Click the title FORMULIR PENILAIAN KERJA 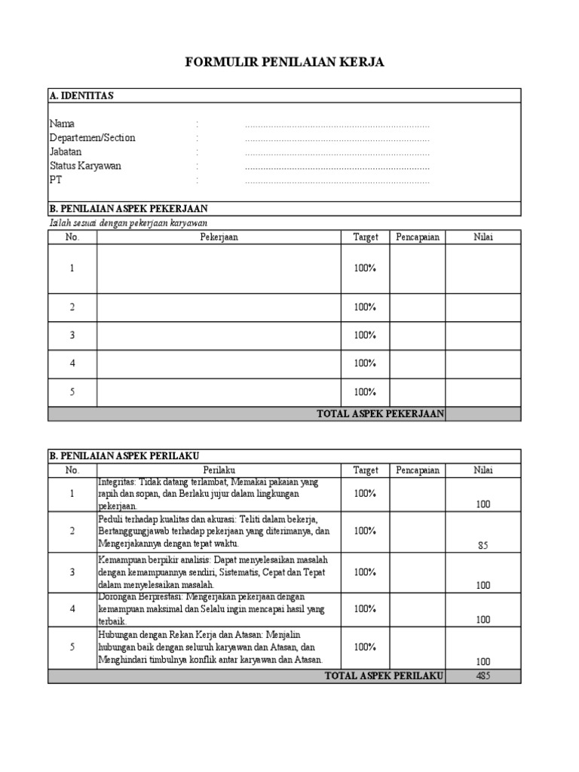[x=284, y=63]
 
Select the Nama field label [x=62, y=124]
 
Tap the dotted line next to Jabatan [x=337, y=152]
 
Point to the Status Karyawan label [x=85, y=166]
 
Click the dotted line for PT [x=337, y=181]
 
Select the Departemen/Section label [x=92, y=138]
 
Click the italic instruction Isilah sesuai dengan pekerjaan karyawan [x=127, y=223]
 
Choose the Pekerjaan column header [x=219, y=237]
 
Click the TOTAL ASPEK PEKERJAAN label [x=381, y=413]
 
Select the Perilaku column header [x=219, y=470]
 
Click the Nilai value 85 [x=482, y=545]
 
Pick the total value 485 [x=482, y=676]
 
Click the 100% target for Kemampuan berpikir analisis [x=365, y=572]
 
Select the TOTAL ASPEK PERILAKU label [x=384, y=676]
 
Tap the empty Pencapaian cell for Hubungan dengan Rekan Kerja [x=417, y=648]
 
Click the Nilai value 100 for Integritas [x=482, y=505]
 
